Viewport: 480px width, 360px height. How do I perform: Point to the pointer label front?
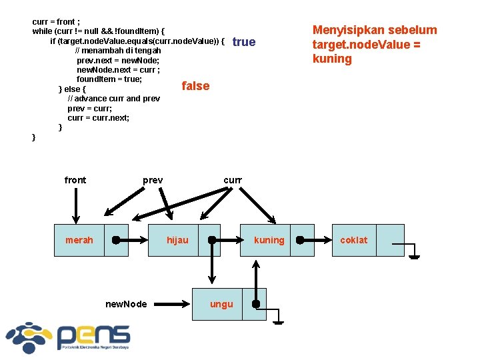(75, 180)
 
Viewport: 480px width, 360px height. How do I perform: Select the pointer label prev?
(153, 180)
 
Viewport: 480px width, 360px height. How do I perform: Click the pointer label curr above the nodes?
(233, 180)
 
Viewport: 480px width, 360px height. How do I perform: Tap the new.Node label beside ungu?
(126, 304)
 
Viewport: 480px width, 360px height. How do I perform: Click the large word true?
(244, 42)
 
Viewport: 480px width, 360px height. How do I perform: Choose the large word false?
(195, 86)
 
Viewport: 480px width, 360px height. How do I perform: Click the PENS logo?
(67, 336)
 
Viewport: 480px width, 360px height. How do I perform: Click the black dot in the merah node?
(116, 240)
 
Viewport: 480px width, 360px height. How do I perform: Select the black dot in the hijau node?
(212, 240)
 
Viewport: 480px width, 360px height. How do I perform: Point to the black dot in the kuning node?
(300, 240)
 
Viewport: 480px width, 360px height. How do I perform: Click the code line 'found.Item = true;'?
(109, 79)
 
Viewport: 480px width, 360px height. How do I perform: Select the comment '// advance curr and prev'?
(113, 99)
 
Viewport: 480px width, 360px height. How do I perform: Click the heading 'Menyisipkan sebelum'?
(375, 30)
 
